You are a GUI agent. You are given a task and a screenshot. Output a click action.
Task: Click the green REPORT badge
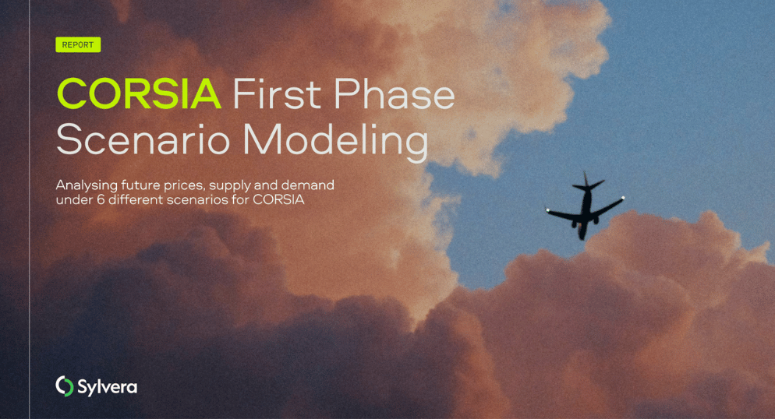(78, 45)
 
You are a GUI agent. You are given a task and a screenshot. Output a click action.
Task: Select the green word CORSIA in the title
(139, 93)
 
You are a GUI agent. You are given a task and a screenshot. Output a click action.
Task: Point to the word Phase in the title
(395, 93)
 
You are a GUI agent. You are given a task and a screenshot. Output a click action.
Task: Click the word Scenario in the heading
(143, 139)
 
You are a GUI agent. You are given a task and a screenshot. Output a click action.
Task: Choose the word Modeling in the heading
(335, 143)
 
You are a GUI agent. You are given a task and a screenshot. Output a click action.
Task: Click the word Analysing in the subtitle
(87, 185)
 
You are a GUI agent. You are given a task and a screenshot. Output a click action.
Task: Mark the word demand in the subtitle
(308, 185)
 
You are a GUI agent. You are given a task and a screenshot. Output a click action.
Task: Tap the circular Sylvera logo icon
(64, 386)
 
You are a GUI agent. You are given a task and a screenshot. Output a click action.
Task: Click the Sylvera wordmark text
(108, 387)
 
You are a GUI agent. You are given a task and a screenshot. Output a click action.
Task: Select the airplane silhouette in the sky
(585, 206)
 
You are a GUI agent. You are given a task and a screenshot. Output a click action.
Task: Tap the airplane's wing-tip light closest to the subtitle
(547, 211)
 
